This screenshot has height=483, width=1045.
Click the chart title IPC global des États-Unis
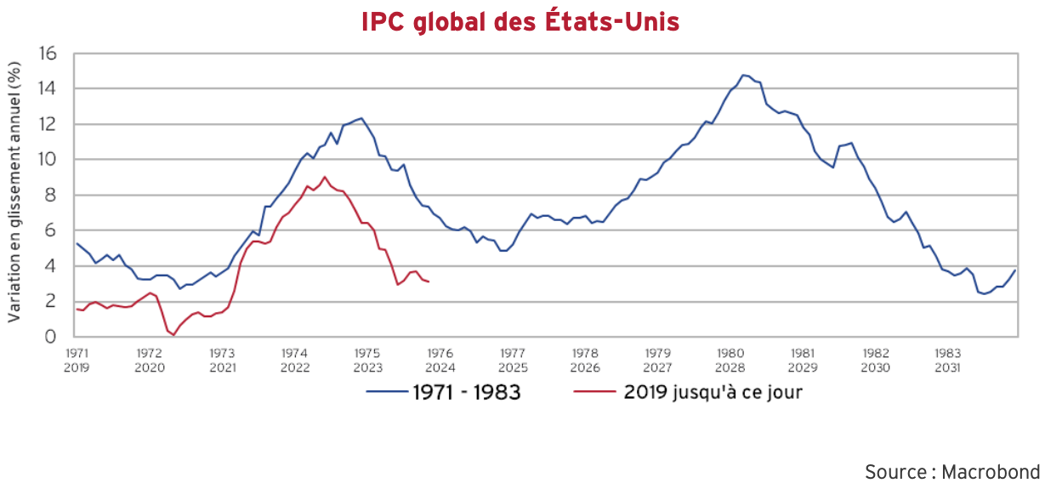(520, 21)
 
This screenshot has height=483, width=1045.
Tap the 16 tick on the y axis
(48, 54)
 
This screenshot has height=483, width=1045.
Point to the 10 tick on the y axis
(48, 160)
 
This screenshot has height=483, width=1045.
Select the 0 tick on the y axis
(53, 337)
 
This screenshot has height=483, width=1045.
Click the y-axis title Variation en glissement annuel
(14, 195)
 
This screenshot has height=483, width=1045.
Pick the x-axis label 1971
(77, 352)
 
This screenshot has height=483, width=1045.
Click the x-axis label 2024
(440, 368)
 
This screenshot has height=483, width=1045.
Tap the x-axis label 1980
(730, 352)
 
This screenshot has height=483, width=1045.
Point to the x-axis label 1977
(512, 352)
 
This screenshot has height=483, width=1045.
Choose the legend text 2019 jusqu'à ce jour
(713, 393)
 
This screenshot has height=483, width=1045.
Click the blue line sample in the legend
(386, 393)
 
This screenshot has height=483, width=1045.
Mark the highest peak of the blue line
(743, 75)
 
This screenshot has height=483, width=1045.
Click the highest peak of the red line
(324, 177)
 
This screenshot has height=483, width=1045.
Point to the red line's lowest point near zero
(173, 335)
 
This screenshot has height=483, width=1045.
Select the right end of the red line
(428, 281)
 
